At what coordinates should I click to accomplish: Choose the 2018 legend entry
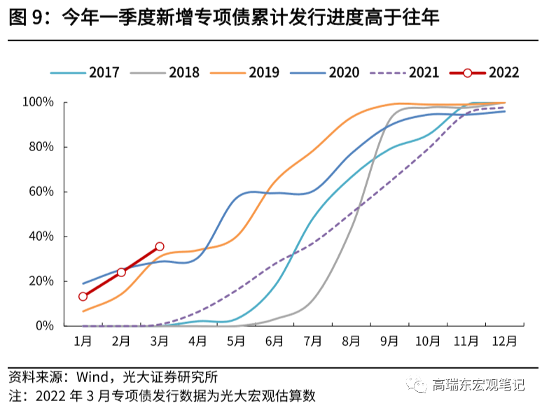point(165,72)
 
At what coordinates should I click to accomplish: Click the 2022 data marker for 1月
point(83,297)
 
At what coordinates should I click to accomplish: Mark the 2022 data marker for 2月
point(121,272)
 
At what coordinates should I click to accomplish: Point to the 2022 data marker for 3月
point(160,246)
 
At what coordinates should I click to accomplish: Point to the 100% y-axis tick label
point(39,103)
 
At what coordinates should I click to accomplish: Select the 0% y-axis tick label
point(45,325)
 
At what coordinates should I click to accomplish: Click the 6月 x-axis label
point(275,342)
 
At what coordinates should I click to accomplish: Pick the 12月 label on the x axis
point(504,342)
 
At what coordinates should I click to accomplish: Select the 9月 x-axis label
point(389,342)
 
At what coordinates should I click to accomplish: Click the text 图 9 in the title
point(27,17)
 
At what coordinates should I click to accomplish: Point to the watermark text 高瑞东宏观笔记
point(479,385)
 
